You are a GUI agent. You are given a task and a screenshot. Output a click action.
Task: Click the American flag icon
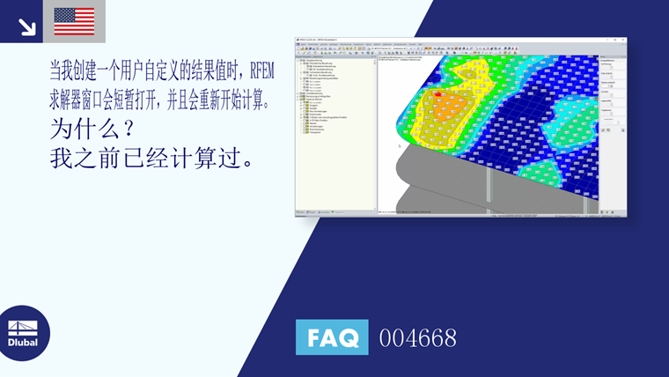74,21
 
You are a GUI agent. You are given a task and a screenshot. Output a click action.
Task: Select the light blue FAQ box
332,337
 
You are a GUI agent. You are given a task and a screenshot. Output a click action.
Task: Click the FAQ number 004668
417,337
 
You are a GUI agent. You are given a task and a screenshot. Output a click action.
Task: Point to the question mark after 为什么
127,129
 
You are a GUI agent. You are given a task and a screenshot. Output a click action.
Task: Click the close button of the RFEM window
624,41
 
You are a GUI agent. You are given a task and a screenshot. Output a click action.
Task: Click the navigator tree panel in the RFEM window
335,123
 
